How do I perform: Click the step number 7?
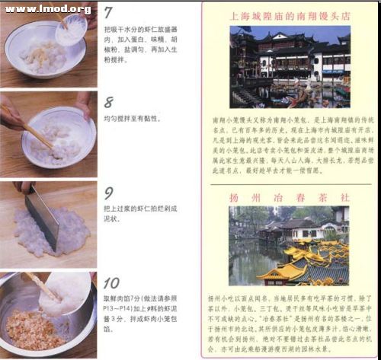110,13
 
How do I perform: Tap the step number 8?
109,102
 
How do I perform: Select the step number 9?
109,193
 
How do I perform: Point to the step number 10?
112,283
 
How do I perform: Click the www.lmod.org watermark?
47,9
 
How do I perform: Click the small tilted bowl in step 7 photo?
72,28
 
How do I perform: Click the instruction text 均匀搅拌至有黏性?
142,118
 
